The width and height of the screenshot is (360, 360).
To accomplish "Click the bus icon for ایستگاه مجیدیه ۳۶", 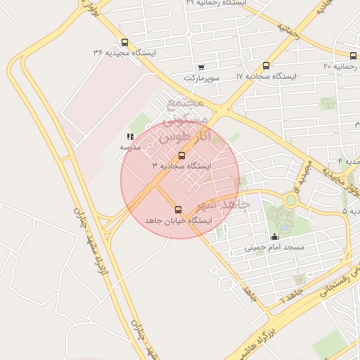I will [x=124, y=42].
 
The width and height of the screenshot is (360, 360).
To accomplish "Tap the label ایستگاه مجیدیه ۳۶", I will [x=124, y=53].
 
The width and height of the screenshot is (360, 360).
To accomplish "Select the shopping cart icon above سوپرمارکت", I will [x=201, y=67].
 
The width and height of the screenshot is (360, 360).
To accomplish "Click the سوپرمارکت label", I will [x=201, y=77].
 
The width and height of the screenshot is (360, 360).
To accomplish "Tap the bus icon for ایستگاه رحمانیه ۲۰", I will [x=353, y=56].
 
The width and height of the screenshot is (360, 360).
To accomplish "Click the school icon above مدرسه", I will [x=130, y=136].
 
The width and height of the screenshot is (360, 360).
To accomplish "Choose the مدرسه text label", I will [x=130, y=147].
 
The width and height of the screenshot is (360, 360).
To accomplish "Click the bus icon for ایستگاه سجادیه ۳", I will [x=182, y=155].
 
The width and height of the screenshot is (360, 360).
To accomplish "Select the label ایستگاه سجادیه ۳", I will [x=181, y=166].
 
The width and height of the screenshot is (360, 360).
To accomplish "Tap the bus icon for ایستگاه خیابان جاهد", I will [x=177, y=210].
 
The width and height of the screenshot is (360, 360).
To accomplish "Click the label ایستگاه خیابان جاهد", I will [x=178, y=220].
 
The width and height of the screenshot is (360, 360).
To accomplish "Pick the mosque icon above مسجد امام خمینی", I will [x=274, y=237].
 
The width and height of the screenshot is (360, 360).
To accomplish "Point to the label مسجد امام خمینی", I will [x=274, y=247].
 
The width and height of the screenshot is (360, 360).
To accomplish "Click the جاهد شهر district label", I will [x=226, y=204].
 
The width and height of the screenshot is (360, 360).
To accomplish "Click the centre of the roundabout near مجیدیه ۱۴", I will [x=290, y=200].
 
